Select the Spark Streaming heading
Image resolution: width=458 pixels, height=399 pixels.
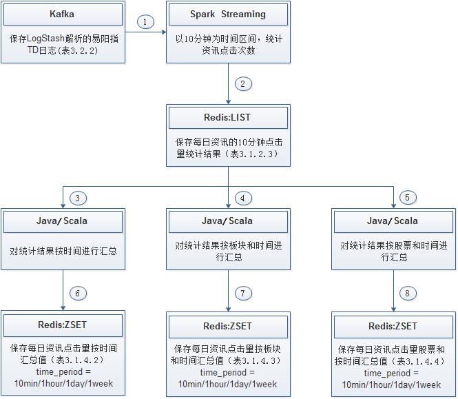coord(229,14)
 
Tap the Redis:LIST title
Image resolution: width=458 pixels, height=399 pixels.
coord(229,119)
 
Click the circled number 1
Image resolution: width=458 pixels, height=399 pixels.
coord(145,21)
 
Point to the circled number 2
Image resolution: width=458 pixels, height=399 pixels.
coord(243,84)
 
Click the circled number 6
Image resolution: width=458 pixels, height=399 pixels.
coord(79,294)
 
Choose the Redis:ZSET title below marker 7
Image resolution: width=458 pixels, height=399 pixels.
coord(228,326)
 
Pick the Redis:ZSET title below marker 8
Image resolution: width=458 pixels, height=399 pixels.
coord(393,326)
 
